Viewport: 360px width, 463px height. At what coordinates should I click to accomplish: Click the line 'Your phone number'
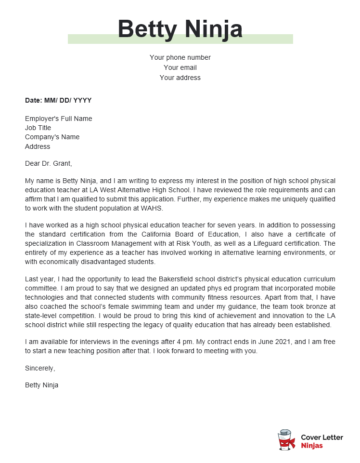(180, 57)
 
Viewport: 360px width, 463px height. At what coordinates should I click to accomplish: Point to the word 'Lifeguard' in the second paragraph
(268, 242)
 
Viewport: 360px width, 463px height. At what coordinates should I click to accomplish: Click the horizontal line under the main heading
(179, 43)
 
